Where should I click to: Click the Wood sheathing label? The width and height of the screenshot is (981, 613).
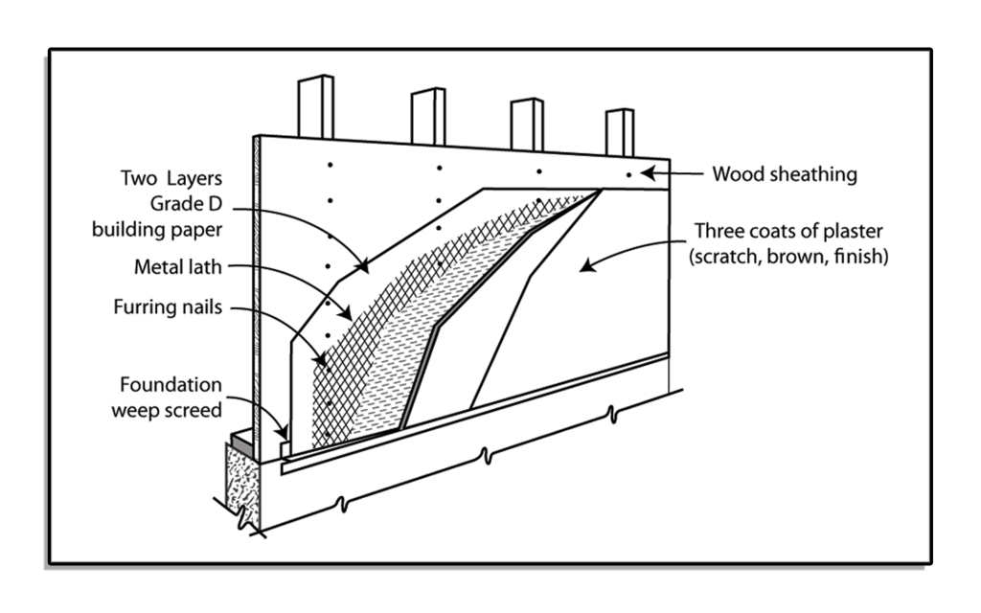tap(785, 174)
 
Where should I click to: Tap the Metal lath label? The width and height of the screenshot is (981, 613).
tap(177, 266)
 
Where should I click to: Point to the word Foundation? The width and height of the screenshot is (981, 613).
tap(171, 385)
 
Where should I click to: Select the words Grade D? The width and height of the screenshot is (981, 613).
tap(185, 203)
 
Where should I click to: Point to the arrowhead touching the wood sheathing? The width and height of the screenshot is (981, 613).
tap(648, 173)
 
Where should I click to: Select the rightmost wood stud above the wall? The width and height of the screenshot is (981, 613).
tap(620, 131)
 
